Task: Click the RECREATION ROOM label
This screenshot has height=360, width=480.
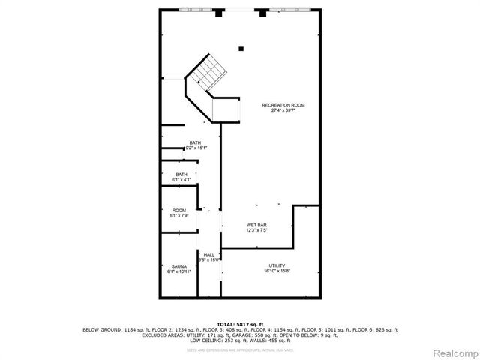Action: (x=283, y=105)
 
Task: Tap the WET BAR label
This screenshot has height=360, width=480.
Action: (x=257, y=225)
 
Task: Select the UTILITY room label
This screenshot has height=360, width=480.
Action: (x=277, y=265)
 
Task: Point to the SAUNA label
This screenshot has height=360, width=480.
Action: (x=179, y=266)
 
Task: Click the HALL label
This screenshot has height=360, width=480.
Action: (x=209, y=255)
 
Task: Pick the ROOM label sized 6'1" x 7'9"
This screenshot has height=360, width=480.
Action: (x=179, y=210)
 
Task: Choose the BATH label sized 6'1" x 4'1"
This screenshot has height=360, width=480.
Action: (x=181, y=175)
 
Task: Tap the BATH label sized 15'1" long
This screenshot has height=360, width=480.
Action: (x=195, y=143)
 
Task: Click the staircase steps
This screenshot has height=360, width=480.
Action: (x=208, y=73)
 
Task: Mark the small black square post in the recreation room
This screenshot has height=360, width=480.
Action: (x=241, y=49)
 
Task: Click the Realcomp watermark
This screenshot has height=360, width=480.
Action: (x=453, y=352)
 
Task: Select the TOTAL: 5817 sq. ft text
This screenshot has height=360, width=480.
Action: (x=240, y=324)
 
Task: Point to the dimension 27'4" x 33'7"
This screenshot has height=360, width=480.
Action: (x=283, y=110)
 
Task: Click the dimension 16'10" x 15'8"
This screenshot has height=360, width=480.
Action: (x=277, y=271)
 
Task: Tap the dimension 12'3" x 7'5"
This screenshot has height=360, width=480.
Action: (x=257, y=230)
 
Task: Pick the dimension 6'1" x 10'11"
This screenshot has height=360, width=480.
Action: (x=179, y=271)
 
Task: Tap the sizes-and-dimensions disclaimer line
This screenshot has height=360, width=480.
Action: (x=240, y=349)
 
